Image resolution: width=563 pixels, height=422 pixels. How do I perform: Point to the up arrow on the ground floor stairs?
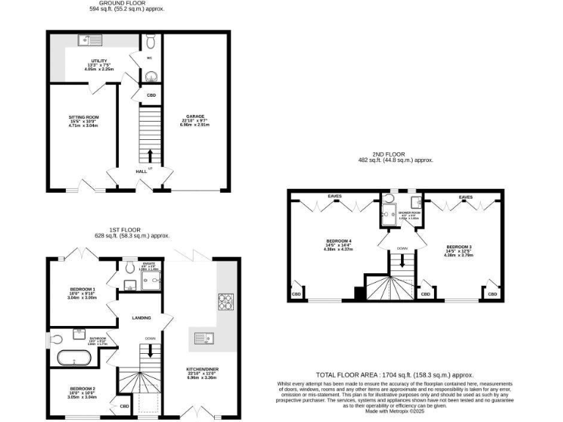[150, 155]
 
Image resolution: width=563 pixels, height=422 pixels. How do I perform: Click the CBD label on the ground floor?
[150, 95]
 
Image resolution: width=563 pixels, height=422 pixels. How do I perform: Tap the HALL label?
[140, 171]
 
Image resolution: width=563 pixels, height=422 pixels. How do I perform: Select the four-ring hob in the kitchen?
[224, 300]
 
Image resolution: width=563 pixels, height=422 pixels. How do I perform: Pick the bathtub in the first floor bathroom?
[74, 359]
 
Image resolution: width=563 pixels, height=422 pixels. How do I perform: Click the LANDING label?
[141, 317]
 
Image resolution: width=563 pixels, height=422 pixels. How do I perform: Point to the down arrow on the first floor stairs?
[150, 349]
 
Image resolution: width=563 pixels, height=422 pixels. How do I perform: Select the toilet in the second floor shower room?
[389, 199]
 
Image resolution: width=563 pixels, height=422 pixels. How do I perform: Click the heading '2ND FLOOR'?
[395, 154]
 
